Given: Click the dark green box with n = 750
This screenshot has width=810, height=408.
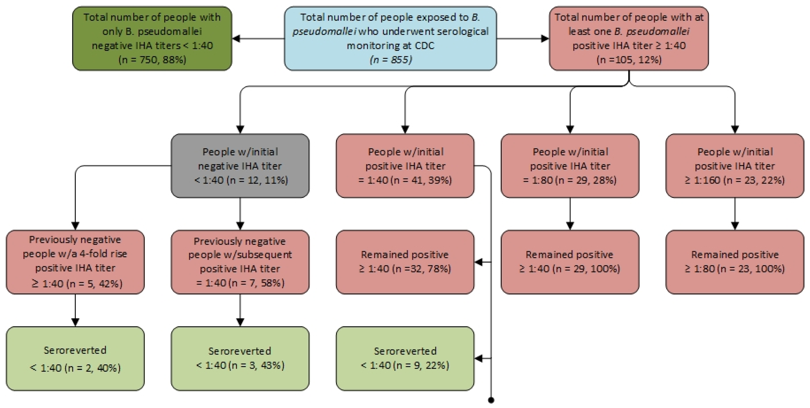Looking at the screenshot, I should pyautogui.click(x=152, y=38).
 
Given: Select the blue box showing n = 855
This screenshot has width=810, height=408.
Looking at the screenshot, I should pyautogui.click(x=390, y=38).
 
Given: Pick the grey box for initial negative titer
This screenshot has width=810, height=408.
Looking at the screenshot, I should pyautogui.click(x=240, y=166).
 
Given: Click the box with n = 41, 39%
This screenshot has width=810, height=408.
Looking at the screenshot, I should pyautogui.click(x=405, y=166).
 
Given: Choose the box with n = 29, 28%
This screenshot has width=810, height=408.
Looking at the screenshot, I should pyautogui.click(x=570, y=166).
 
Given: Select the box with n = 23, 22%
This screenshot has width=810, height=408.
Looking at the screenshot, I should pyautogui.click(x=734, y=166).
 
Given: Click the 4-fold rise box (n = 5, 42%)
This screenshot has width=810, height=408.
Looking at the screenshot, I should pyautogui.click(x=75, y=262).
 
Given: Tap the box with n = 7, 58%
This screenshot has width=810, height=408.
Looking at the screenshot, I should pyautogui.click(x=240, y=262).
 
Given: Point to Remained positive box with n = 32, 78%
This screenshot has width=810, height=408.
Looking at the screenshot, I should pyautogui.click(x=405, y=262).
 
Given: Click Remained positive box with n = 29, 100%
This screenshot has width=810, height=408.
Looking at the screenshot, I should pyautogui.click(x=570, y=262).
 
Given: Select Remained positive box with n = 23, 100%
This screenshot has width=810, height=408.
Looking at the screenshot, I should pyautogui.click(x=734, y=262).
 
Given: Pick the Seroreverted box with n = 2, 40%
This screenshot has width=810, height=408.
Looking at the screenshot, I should pyautogui.click(x=75, y=359).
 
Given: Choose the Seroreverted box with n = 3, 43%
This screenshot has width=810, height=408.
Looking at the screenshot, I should pyautogui.click(x=240, y=359).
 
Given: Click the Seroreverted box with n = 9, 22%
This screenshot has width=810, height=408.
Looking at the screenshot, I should pyautogui.click(x=405, y=359).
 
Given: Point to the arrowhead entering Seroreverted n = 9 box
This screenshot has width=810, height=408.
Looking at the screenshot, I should pyautogui.click(x=479, y=358).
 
